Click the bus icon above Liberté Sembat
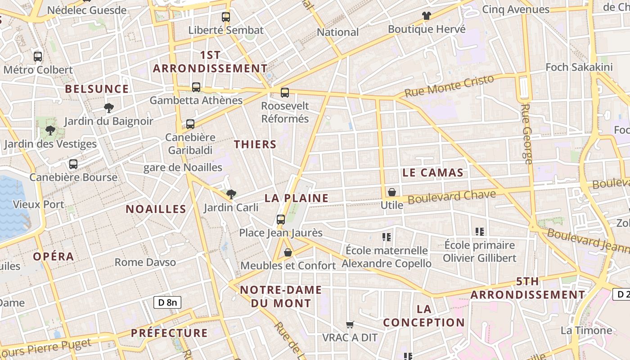coord(226,17)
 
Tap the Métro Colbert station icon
coord(38,57)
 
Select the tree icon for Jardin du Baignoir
coord(108,108)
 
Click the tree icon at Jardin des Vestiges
coord(50,131)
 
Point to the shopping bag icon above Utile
coord(392,192)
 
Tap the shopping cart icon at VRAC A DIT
coord(350,324)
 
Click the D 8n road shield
coord(167,302)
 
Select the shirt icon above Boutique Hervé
coord(427,16)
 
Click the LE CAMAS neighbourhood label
coord(433,172)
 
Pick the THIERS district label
coord(255,144)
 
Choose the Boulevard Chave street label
coord(452,197)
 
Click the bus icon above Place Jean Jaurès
coord(281,220)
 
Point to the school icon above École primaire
coord(480,232)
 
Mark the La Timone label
coord(586,330)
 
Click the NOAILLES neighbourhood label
coord(156,209)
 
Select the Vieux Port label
coord(38,204)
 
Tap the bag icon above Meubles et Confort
coord(288,252)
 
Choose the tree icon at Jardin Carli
coord(231,194)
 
